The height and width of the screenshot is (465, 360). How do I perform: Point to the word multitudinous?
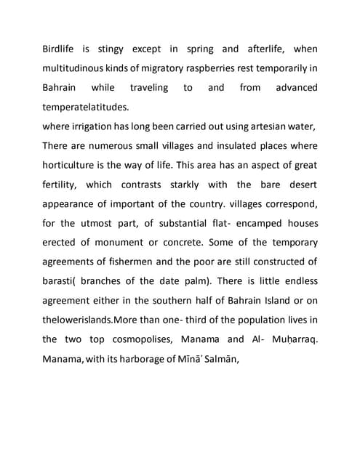[x=78, y=68]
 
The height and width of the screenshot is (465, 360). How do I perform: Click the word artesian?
[x=267, y=126]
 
